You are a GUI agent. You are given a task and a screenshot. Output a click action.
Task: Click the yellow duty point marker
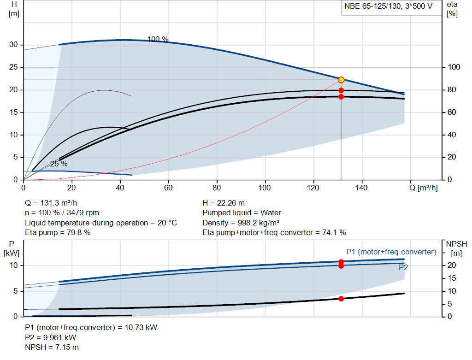coord(341,80)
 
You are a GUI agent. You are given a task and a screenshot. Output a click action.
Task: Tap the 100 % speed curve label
coord(158,39)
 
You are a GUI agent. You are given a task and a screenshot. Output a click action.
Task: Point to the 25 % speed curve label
coord(59,164)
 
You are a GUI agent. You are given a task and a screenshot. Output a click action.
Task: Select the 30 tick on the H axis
coord(13,45)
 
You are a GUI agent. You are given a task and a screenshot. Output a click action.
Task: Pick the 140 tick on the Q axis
coord(361,188)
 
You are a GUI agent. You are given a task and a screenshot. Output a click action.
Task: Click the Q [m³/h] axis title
coord(423,188)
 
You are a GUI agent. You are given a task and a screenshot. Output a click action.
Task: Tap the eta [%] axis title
coord(452,9)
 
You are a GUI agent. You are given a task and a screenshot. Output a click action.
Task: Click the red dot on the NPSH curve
coord(341,299)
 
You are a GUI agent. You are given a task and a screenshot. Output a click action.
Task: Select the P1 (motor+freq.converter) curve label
coord(391,252)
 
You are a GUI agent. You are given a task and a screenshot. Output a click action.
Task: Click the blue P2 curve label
coord(403,268)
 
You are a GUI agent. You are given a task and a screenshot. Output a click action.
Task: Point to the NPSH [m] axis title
coord(456,248)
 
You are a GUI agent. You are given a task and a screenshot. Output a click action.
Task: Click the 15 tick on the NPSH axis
coord(452,278)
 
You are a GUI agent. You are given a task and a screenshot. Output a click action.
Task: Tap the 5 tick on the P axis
coord(16,291)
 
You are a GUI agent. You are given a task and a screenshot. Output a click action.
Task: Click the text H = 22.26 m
coord(224,203)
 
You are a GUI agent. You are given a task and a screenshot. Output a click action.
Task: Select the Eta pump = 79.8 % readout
coord(58,233)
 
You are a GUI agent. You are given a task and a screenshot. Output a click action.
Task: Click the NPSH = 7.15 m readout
coord(52,348)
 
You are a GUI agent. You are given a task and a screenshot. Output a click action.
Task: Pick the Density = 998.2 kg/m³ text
coord(241,223)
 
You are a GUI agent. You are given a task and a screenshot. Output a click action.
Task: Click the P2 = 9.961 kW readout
coord(51,338)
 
